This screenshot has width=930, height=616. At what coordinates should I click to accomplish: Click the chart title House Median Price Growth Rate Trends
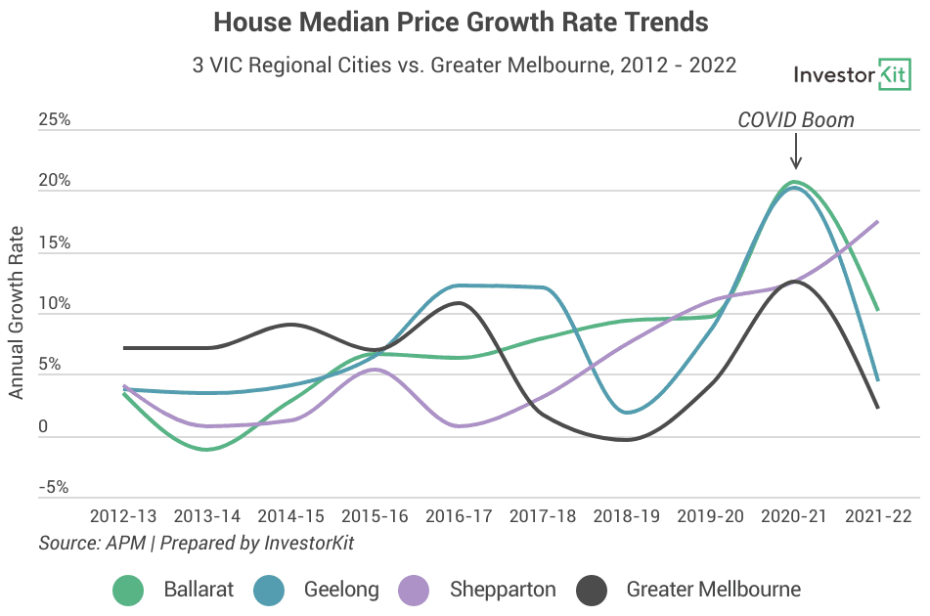click(x=461, y=22)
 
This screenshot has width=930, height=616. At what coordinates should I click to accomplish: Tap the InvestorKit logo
click(x=852, y=74)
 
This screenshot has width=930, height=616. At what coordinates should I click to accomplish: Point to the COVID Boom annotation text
click(x=796, y=119)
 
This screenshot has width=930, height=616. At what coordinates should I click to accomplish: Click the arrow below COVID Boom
click(x=796, y=152)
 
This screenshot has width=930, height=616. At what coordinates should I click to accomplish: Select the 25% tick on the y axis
click(x=55, y=119)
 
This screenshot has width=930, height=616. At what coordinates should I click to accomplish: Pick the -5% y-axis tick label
click(x=54, y=487)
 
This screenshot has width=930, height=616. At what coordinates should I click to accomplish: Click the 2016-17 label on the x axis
click(x=459, y=516)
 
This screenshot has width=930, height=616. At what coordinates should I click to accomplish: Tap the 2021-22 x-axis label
click(x=878, y=516)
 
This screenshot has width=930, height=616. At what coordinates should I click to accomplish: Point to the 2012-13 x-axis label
click(x=123, y=516)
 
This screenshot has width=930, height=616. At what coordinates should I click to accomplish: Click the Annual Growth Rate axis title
click(x=16, y=313)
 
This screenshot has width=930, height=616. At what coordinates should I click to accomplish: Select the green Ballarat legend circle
click(x=128, y=590)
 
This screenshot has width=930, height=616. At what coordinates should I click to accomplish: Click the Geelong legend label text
click(x=341, y=590)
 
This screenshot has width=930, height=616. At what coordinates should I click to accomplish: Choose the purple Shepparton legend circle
click(x=414, y=590)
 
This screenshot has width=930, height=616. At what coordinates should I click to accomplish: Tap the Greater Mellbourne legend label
click(x=714, y=590)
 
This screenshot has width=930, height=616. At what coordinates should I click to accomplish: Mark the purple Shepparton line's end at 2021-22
click(x=878, y=222)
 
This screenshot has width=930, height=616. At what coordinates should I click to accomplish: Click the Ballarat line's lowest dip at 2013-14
click(x=206, y=450)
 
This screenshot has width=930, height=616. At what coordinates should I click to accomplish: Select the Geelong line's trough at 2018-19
click(x=629, y=412)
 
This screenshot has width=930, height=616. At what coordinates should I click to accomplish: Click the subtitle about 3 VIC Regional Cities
click(x=465, y=65)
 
